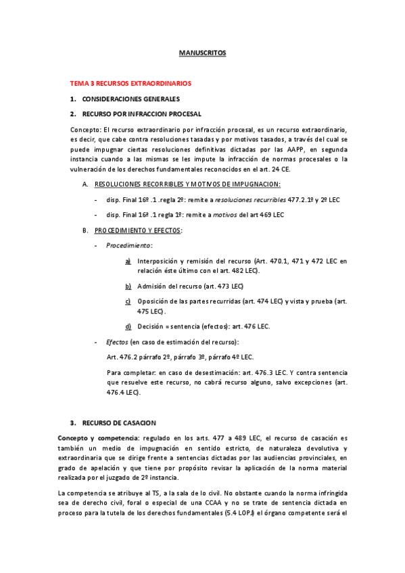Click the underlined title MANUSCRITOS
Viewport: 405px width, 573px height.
coord(202,52)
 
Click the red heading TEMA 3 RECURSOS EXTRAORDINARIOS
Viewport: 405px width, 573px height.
coord(131,84)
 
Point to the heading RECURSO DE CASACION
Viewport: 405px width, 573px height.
coord(119,422)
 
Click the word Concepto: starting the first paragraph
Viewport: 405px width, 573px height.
coord(85,129)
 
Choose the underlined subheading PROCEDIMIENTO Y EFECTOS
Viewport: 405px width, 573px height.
coord(138,230)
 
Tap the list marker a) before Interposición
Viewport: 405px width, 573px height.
coord(128,261)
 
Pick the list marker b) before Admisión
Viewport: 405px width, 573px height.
coord(128,286)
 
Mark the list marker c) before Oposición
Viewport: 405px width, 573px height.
coord(128,301)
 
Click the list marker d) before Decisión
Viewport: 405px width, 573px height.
coord(128,326)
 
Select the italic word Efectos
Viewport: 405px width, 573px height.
coord(118,342)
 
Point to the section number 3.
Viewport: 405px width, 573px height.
coord(72,422)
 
